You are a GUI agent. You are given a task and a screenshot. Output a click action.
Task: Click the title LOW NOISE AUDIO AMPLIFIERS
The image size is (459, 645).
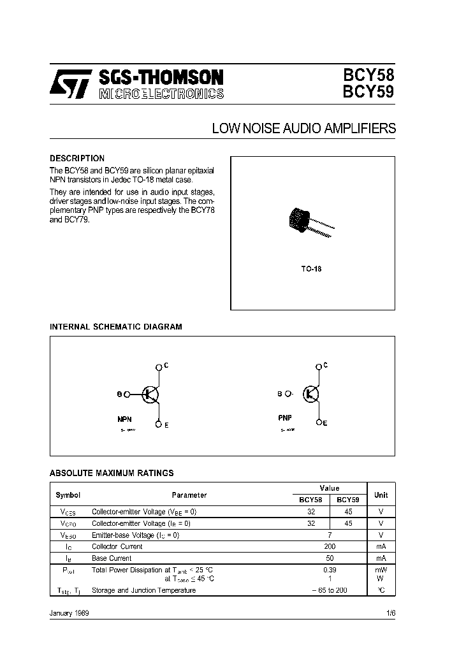(303, 129)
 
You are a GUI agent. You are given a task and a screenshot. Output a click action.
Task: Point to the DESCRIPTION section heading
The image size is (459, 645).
(77, 158)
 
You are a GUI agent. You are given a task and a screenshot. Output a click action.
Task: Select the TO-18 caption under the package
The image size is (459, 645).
(311, 269)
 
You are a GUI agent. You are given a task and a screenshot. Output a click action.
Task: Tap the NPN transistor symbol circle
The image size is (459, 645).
(149, 395)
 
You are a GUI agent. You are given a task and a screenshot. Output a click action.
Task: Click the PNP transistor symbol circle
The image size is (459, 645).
(311, 394)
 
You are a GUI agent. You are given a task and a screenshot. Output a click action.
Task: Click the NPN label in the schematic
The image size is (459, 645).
(124, 420)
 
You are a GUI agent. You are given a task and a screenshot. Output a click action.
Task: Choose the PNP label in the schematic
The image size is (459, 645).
(285, 419)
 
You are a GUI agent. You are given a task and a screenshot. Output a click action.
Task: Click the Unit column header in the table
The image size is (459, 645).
(381, 495)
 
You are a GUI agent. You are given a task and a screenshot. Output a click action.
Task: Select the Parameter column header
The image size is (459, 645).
(189, 495)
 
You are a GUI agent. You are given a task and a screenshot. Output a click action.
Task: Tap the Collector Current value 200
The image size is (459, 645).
(330, 546)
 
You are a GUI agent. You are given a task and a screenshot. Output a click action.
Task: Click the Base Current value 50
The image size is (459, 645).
(330, 558)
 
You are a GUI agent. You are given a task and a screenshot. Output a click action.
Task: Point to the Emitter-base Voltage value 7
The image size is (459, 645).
(330, 535)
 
